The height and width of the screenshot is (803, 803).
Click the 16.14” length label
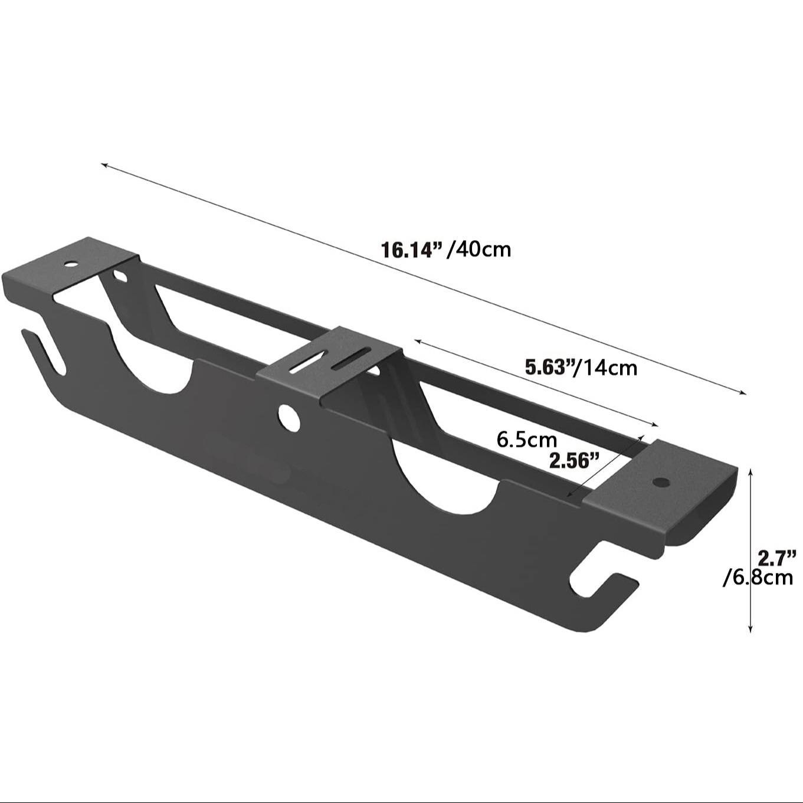(412, 250)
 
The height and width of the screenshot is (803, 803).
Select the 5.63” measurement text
(550, 368)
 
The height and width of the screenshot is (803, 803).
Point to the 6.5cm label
(526, 440)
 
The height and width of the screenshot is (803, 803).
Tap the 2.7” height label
(777, 557)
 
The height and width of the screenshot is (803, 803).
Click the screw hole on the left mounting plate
(71, 263)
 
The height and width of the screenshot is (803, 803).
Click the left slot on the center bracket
(307, 362)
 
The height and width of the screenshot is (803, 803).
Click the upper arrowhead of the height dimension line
(750, 471)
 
